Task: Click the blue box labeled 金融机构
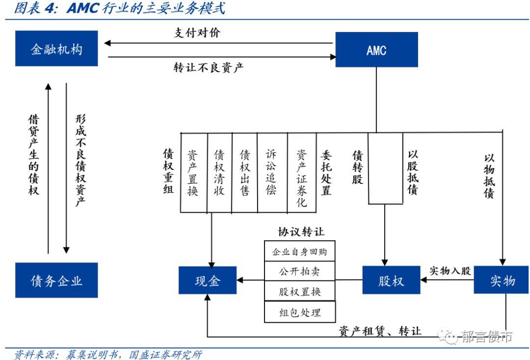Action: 56,49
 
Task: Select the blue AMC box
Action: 376,50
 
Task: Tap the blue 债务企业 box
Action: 56,280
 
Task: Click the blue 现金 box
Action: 207,280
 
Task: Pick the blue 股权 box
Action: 391,280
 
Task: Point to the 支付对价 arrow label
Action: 198,33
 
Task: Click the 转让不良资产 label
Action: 208,67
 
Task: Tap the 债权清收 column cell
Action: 219,172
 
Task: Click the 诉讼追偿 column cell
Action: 271,172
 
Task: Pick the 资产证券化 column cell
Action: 301,172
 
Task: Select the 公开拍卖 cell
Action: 299,272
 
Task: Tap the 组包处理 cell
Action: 299,312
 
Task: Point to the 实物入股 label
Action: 450,270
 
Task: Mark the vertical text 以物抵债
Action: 489,176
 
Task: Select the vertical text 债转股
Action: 357,167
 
